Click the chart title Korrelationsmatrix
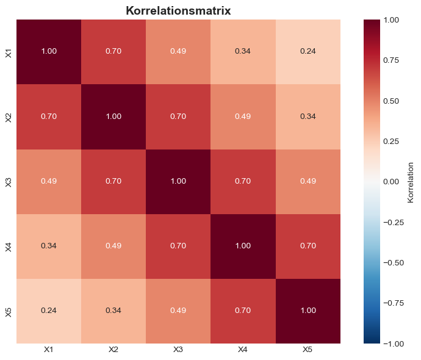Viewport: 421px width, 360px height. pyautogui.click(x=178, y=10)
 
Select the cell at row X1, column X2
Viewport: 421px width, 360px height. pyautogui.click(x=113, y=52)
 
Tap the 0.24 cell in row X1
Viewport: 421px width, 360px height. pyautogui.click(x=308, y=52)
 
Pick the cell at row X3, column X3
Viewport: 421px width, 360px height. pyautogui.click(x=178, y=181)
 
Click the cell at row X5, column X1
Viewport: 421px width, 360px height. pyautogui.click(x=49, y=311)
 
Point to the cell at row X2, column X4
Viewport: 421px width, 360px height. pyautogui.click(x=243, y=117)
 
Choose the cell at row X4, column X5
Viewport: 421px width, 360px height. pyautogui.click(x=308, y=246)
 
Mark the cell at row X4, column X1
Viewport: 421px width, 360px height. pyautogui.click(x=49, y=246)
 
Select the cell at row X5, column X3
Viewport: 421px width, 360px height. pyautogui.click(x=178, y=311)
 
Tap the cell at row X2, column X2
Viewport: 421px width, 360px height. pyautogui.click(x=113, y=117)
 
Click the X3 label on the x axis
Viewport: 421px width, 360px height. pyautogui.click(x=178, y=350)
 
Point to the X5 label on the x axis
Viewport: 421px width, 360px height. pyautogui.click(x=308, y=350)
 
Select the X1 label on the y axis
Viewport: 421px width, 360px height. pyautogui.click(x=9, y=52)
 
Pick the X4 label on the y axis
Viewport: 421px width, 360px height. pyautogui.click(x=9, y=246)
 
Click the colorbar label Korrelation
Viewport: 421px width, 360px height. pyautogui.click(x=411, y=181)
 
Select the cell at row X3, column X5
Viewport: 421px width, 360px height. pyautogui.click(x=308, y=181)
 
